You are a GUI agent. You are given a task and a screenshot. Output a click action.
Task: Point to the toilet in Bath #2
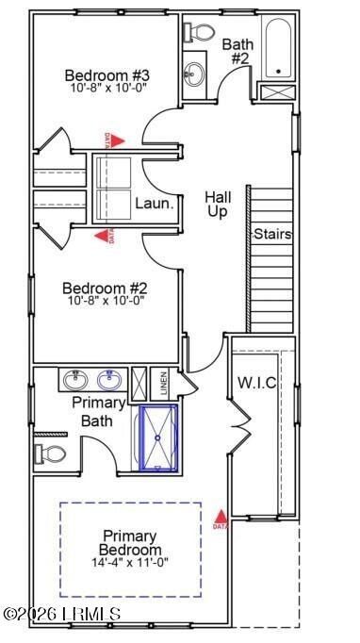(x=197, y=31)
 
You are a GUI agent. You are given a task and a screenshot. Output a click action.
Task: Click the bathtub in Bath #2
(x=277, y=47)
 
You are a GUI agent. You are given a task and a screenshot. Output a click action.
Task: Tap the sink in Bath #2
(x=195, y=72)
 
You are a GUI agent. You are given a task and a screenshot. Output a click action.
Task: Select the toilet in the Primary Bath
(x=52, y=454)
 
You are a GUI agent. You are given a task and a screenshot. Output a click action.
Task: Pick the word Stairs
(x=271, y=234)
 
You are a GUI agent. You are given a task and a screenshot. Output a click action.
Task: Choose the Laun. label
(x=152, y=202)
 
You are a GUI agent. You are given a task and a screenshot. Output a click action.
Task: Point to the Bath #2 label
(x=236, y=50)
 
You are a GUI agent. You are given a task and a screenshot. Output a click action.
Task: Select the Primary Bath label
(x=99, y=411)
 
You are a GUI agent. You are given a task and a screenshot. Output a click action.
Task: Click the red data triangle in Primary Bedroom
(x=221, y=518)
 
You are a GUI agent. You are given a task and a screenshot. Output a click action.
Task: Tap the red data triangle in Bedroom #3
(x=107, y=140)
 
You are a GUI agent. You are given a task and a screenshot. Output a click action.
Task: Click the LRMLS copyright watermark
(x=61, y=614)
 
